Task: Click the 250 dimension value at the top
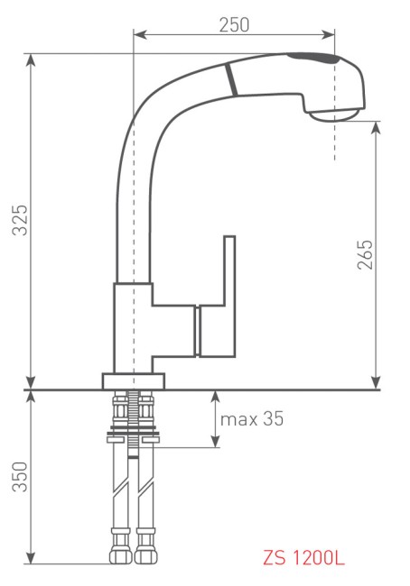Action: [235, 24]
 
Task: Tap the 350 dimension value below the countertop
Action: [21, 477]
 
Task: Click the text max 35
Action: [252, 419]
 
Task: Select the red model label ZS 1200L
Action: [303, 559]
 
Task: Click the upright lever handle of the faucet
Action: [228, 271]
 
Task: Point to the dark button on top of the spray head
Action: [312, 60]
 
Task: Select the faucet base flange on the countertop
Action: [135, 380]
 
